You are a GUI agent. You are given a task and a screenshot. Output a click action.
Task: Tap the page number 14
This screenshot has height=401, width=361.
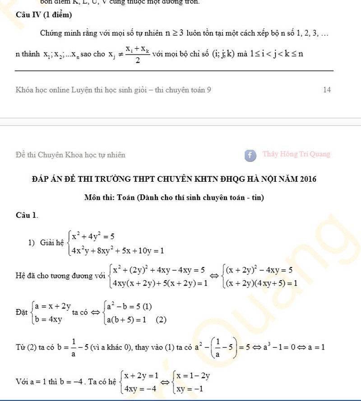click(x=327, y=90)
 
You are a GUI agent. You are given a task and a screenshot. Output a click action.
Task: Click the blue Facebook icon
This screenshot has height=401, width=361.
click(x=250, y=155)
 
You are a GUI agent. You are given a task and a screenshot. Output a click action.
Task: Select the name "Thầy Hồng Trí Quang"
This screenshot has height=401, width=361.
click(x=296, y=154)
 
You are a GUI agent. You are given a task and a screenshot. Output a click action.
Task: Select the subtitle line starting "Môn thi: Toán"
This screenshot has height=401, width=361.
click(x=174, y=198)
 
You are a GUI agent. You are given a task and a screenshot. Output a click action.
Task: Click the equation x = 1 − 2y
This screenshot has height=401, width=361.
click(x=193, y=376)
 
